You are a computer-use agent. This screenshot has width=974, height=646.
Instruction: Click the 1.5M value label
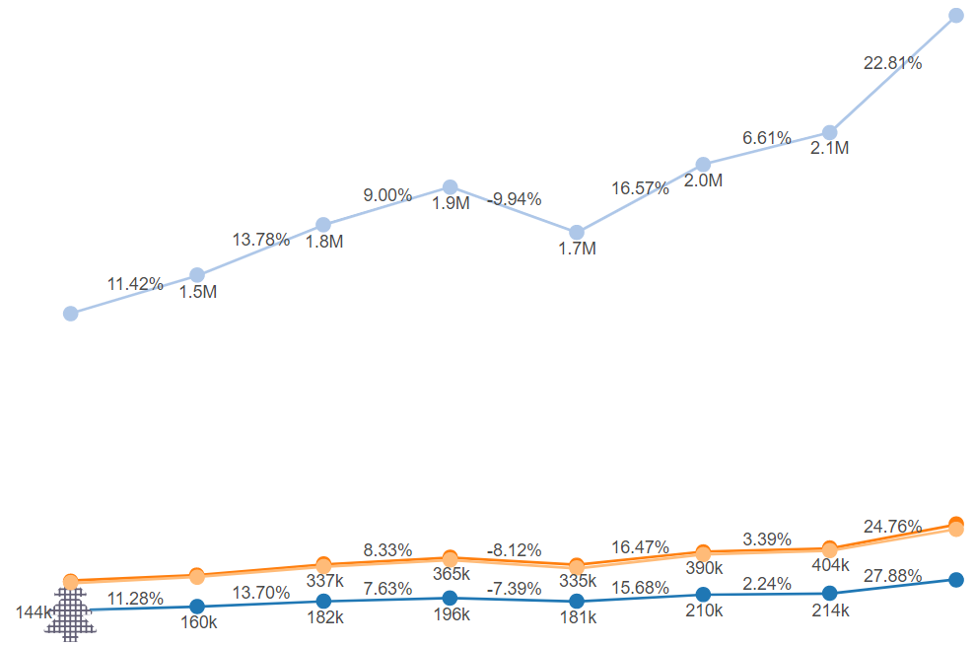pos(197,292)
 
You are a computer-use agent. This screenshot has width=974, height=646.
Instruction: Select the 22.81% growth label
pos(892,63)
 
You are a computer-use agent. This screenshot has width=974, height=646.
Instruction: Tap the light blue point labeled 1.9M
pos(450,187)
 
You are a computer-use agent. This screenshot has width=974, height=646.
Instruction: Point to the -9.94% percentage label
pos(515,199)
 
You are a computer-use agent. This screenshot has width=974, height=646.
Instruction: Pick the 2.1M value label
pos(829,149)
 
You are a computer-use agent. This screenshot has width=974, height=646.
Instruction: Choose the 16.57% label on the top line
pos(641,187)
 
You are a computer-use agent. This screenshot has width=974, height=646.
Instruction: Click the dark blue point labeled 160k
pos(196,606)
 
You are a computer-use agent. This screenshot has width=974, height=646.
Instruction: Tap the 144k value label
pos(34,612)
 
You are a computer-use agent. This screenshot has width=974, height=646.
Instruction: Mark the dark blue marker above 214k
pos(829,593)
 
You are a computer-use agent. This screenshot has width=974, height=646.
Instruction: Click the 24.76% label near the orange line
pos(892,526)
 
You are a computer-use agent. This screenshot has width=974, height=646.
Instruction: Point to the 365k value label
pos(451,574)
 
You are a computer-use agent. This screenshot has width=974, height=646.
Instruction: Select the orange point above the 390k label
pos(703,552)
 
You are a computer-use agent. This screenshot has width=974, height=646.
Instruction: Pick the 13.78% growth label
pos(261,239)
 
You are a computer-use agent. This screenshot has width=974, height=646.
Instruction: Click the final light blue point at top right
pos(955,16)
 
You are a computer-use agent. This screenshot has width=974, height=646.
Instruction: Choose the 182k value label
pos(323,617)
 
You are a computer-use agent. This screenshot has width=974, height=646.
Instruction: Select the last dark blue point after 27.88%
pos(955,579)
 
